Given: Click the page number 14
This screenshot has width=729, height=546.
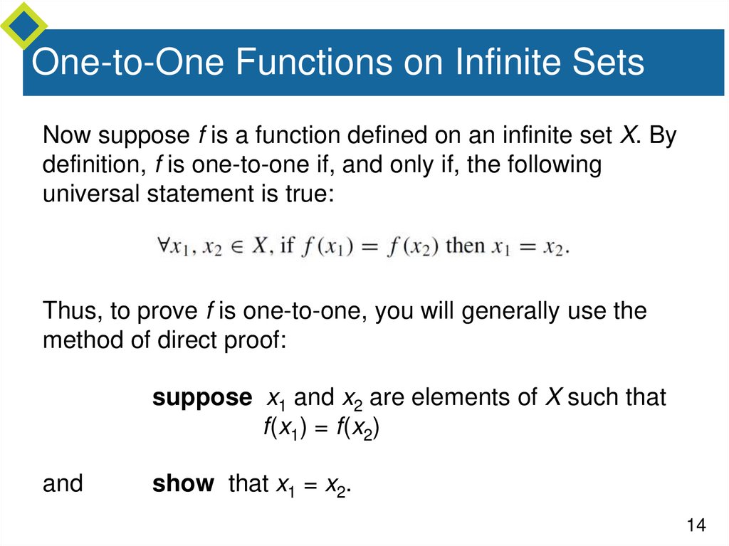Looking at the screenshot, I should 696,525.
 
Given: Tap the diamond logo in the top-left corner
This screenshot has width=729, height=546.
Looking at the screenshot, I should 23,25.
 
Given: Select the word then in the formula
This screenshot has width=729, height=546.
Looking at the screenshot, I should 465,246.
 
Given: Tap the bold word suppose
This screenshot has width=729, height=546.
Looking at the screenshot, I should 202,398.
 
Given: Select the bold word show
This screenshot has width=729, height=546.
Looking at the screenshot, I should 183,484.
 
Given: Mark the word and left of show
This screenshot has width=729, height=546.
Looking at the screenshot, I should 63,484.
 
